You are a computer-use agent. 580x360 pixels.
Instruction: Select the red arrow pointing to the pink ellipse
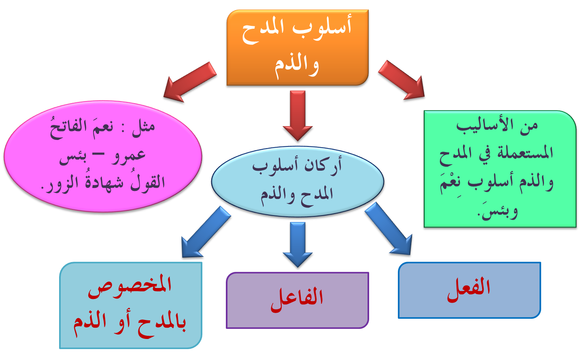[x=189, y=83]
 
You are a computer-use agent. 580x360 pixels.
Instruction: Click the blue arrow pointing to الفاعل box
[x=298, y=245]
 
